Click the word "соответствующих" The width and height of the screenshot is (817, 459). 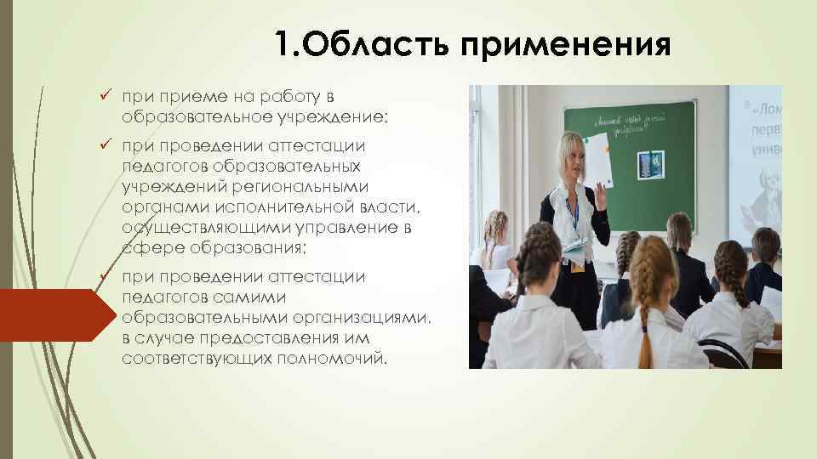(186, 358)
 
